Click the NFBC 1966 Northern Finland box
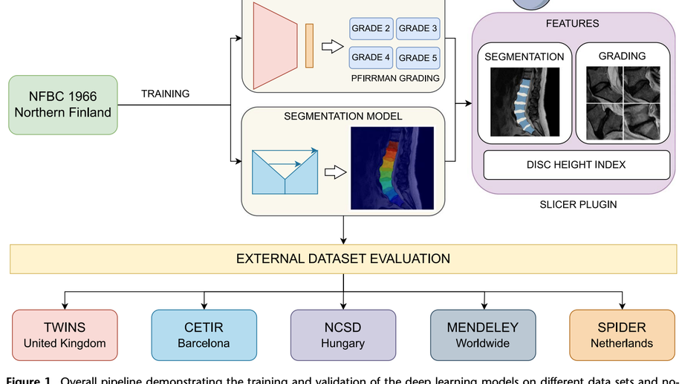[x=62, y=105]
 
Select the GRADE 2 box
[x=371, y=29]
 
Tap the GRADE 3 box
[x=418, y=29]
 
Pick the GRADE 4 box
[x=371, y=57]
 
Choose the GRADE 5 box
[x=418, y=57]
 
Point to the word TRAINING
[x=165, y=94]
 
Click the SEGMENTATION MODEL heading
[x=342, y=117]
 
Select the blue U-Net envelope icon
[x=285, y=172]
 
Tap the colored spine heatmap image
[x=392, y=167]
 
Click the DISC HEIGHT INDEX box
[x=576, y=165]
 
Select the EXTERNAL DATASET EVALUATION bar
[x=342, y=259]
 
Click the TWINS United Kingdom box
[x=65, y=335]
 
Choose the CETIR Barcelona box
[x=204, y=335]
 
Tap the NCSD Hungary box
[x=342, y=335]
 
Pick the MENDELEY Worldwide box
[x=482, y=335]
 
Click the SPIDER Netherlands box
[x=621, y=335]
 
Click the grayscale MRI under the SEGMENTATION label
[x=525, y=102]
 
